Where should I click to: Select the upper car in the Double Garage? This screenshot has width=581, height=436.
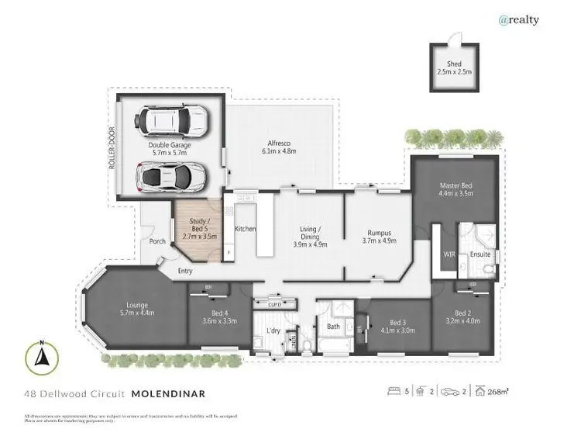click(170, 121)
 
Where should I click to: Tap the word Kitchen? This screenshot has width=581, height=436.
click(246, 229)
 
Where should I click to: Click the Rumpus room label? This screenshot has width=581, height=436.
click(379, 237)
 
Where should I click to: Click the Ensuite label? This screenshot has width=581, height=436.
click(480, 254)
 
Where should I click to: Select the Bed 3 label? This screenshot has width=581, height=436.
click(397, 322)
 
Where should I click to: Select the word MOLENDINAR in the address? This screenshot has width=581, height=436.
click(168, 394)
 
